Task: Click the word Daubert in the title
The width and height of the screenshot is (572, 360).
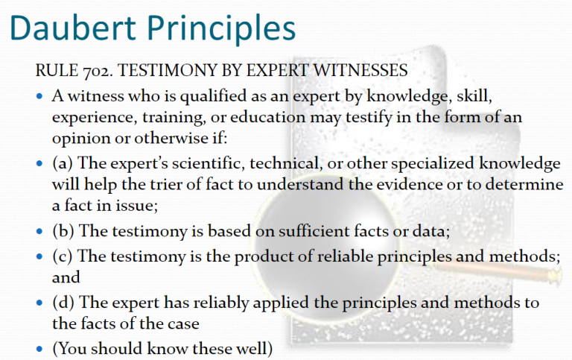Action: pos(73,28)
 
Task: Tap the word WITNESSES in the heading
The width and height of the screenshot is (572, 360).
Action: pos(360,70)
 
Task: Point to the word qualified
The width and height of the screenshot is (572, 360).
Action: pos(213,97)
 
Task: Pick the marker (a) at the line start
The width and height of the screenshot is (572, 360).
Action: pos(63,163)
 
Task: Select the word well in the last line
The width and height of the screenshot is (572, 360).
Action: pos(255,349)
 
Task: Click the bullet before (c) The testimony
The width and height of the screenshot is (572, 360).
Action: pos(39,256)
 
